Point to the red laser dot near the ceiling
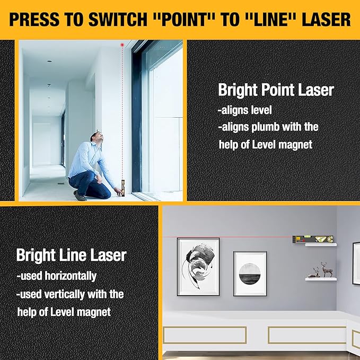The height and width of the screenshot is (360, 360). point(122,46)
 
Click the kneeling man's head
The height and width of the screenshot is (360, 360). point(96,139)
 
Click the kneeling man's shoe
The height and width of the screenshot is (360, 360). point(80,196)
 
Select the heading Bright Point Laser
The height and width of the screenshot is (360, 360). point(276,90)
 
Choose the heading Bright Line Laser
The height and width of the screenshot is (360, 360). point(71,255)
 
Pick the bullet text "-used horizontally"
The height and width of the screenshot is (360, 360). point(56,276)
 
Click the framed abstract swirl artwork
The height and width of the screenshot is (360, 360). point(198,265)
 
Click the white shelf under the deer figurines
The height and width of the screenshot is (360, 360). point(321,277)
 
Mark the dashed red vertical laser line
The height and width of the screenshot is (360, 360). point(122,117)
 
